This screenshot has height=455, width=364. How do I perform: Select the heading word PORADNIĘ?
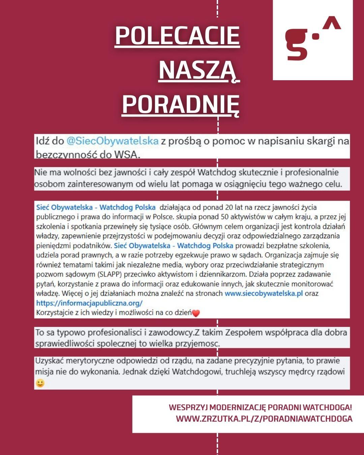[181, 103]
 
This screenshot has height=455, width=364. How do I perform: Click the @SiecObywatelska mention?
[112, 141]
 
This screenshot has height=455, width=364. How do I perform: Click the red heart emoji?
[196, 313]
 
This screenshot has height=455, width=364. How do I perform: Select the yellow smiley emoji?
[40, 383]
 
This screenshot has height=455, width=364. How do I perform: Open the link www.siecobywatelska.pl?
[263, 293]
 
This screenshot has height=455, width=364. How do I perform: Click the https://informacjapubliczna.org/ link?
[89, 303]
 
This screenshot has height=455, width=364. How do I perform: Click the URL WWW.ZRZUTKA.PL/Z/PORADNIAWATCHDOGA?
[264, 419]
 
